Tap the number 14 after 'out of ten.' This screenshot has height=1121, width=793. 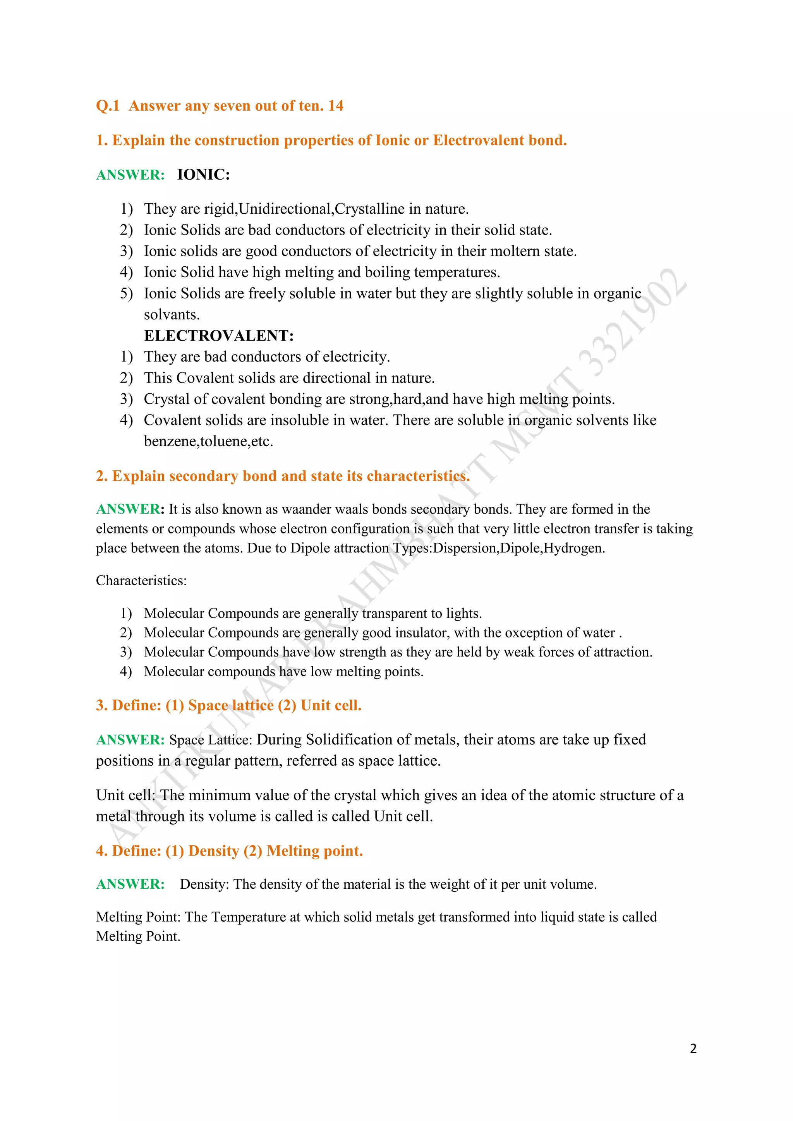(x=335, y=106)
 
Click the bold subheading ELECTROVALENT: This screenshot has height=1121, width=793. (x=219, y=336)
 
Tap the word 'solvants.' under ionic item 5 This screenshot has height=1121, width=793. (x=172, y=314)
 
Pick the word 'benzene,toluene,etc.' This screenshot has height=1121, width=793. (x=208, y=441)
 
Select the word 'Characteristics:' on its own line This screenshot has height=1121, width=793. (x=141, y=581)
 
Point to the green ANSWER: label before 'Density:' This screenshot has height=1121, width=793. (x=130, y=884)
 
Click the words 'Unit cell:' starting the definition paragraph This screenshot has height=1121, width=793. (x=125, y=795)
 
